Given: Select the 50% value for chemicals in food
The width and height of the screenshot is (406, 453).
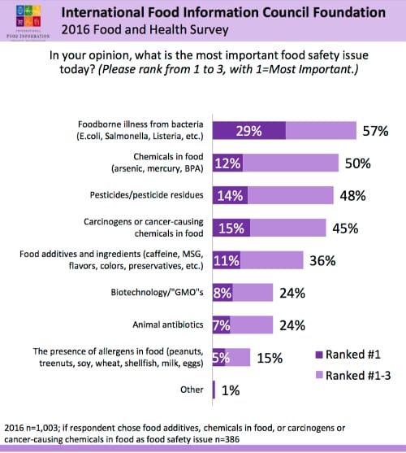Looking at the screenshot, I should [357, 163].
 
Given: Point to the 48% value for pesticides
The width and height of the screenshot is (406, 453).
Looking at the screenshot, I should [352, 196].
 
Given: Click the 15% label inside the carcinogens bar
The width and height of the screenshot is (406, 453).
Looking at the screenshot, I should [231, 229].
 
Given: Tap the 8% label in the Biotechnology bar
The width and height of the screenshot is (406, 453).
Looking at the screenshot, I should [222, 293].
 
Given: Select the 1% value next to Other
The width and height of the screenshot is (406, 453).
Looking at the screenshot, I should [231, 390].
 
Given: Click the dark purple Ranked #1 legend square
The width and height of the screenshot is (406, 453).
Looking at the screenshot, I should [318, 355].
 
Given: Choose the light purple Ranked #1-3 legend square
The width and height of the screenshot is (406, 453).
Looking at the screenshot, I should [318, 373].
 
